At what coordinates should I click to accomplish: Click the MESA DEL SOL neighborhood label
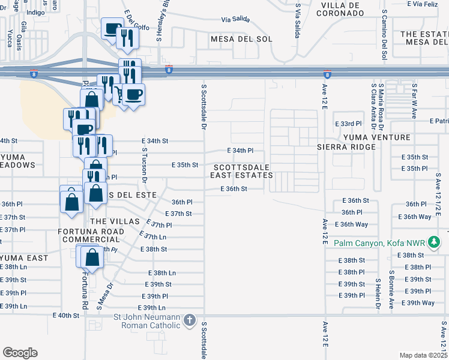tap(241, 39)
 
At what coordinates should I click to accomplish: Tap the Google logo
tap(20, 353)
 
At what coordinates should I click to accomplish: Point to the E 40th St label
tap(66, 315)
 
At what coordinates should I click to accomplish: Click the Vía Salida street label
tap(234, 20)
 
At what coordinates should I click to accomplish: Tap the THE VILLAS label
tap(110, 221)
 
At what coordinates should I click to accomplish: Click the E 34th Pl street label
tap(241, 150)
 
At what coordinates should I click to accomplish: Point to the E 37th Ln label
tap(152, 237)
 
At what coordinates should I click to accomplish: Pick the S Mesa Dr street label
tap(110, 294)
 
